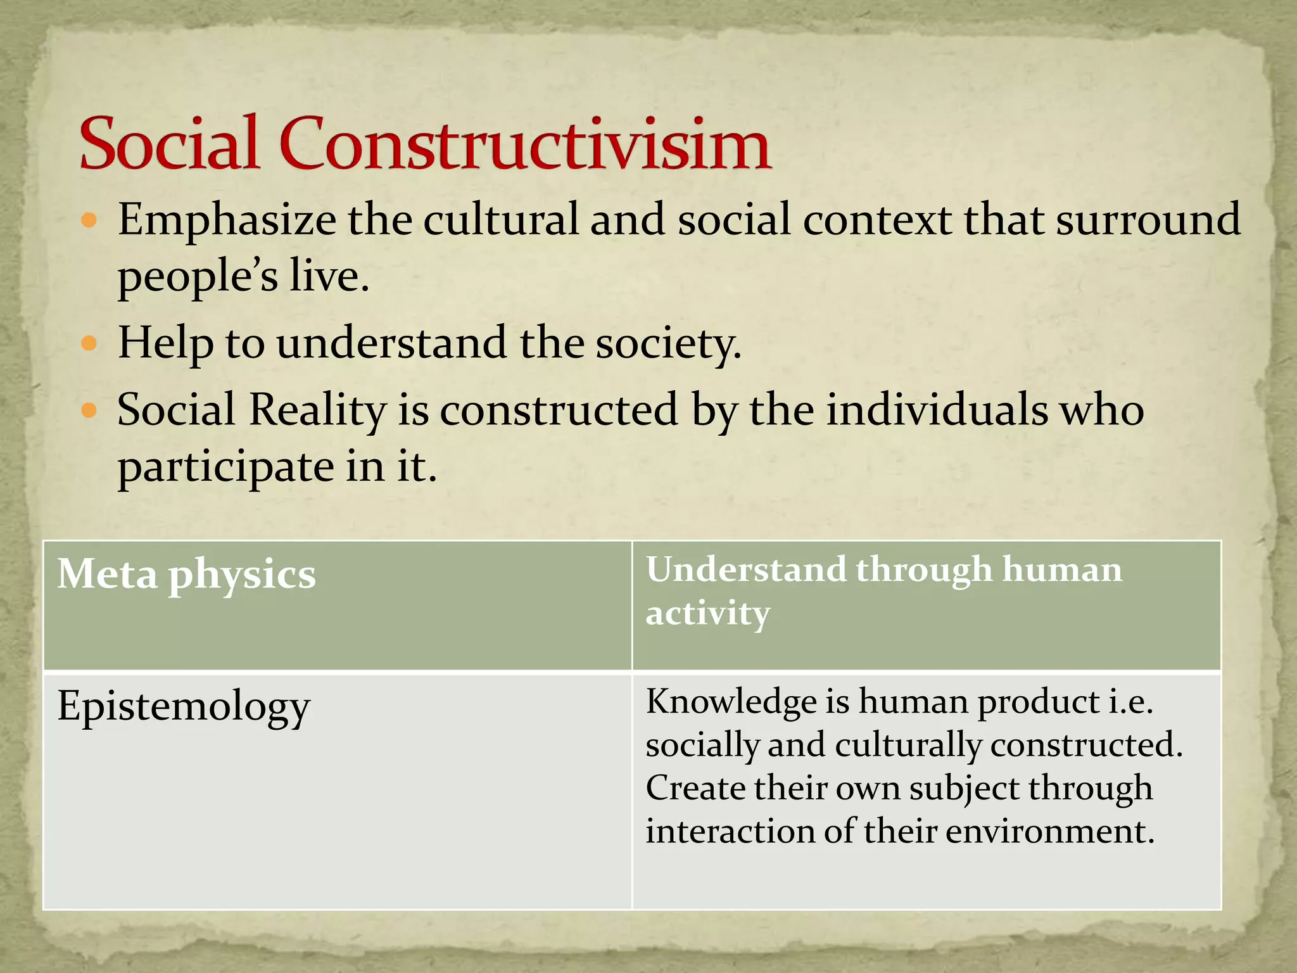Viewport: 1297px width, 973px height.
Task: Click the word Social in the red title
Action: point(170,144)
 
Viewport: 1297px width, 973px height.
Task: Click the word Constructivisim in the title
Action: point(524,144)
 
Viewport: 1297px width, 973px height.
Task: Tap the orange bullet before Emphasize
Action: point(89,220)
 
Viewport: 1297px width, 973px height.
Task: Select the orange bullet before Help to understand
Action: point(89,344)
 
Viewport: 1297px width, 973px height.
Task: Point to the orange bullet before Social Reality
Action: point(89,410)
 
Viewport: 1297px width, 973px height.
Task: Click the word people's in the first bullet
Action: point(198,277)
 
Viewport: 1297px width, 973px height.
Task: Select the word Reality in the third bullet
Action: point(317,410)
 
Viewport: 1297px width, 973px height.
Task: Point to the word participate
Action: point(225,468)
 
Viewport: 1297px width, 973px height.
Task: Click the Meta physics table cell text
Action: point(186,575)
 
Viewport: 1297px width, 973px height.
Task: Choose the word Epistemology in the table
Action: point(184,707)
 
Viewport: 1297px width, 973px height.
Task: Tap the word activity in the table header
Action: point(707,613)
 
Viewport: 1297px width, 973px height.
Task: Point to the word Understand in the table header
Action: point(745,569)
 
